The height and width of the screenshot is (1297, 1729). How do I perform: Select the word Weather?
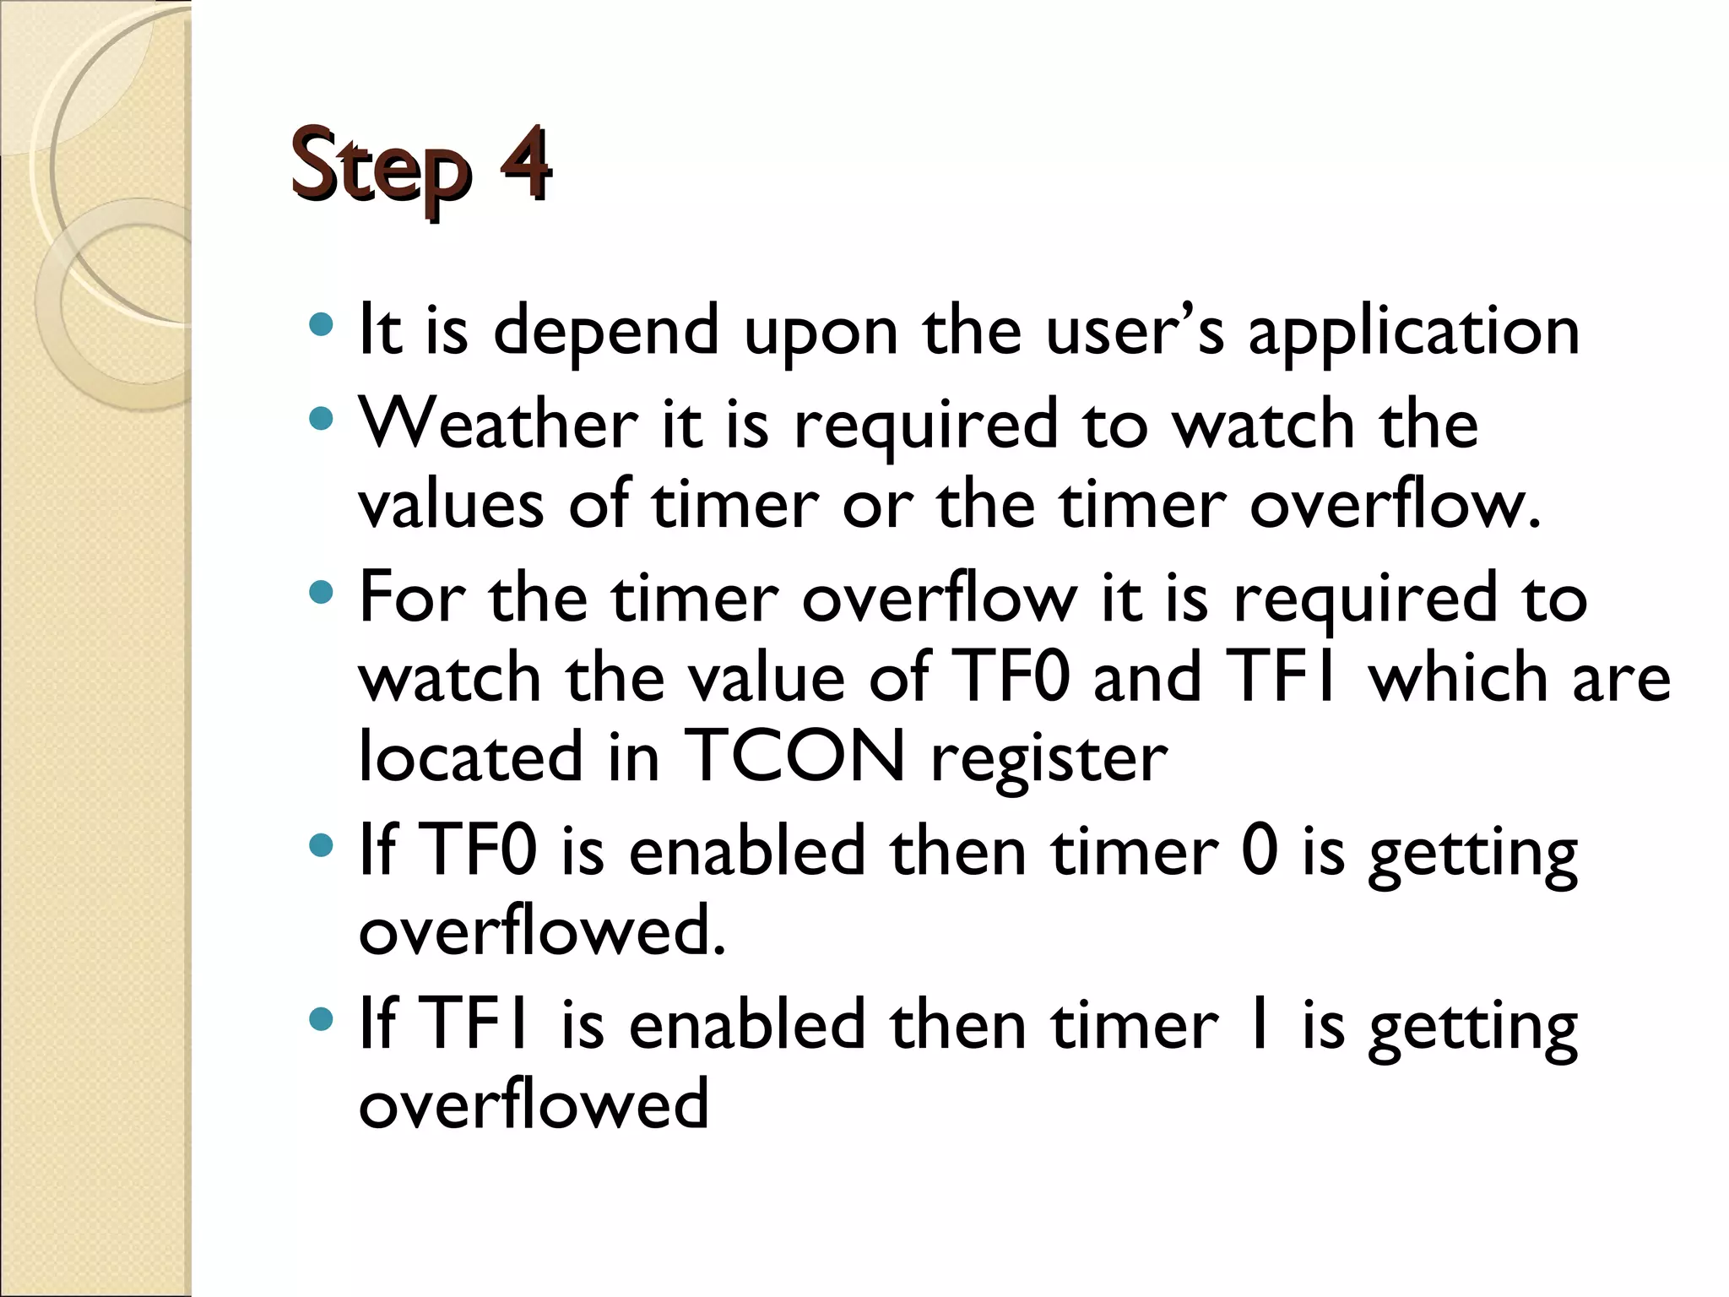(498, 424)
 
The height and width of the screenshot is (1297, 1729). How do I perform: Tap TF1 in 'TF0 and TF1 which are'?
(1285, 677)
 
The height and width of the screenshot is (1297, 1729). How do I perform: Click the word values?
(451, 505)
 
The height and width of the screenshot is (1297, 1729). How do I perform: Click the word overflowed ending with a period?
(542, 931)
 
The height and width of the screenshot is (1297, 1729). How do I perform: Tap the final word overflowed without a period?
(534, 1104)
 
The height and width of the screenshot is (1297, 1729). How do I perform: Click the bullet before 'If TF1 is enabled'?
(321, 1020)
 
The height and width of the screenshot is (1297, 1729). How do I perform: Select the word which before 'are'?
(1457, 677)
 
